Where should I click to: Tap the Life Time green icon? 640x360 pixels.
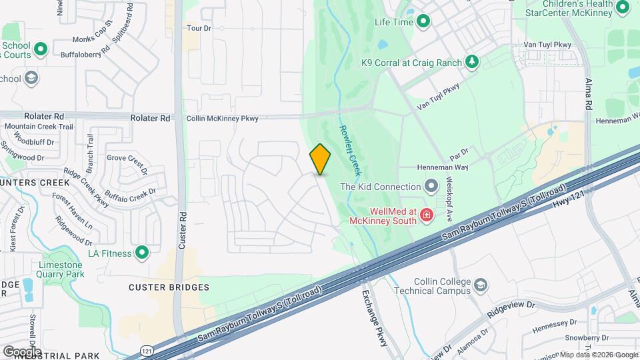pos(423,22)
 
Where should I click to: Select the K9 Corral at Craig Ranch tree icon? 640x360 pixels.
pos(472,62)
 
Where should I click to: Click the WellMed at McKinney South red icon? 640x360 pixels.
pos(426,216)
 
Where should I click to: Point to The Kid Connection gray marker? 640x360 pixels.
pos(431,187)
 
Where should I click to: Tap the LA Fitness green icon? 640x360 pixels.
pos(141,252)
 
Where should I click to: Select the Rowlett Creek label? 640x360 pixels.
pos(350,151)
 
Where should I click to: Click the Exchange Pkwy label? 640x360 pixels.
pos(375,317)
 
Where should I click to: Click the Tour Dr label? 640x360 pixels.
pos(199,28)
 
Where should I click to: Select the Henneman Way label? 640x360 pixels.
pos(443,167)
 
